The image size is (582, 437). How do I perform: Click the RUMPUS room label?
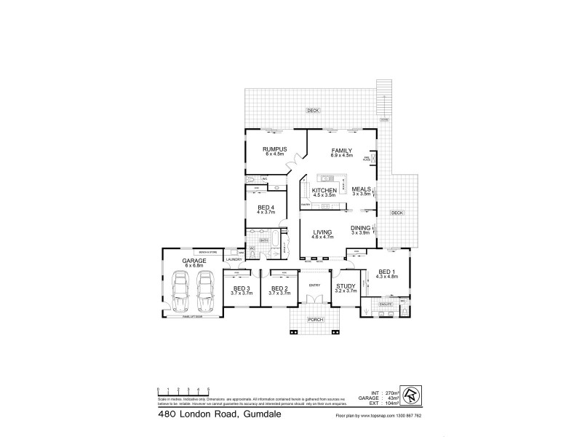(276, 150)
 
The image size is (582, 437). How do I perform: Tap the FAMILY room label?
(342, 150)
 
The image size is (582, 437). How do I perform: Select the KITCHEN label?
(324, 190)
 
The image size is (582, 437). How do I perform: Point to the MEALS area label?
(362, 189)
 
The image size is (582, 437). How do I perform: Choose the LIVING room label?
(322, 232)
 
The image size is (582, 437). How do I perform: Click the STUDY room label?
(346, 288)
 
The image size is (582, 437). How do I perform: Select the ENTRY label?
(314, 285)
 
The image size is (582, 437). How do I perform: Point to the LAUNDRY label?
(234, 259)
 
